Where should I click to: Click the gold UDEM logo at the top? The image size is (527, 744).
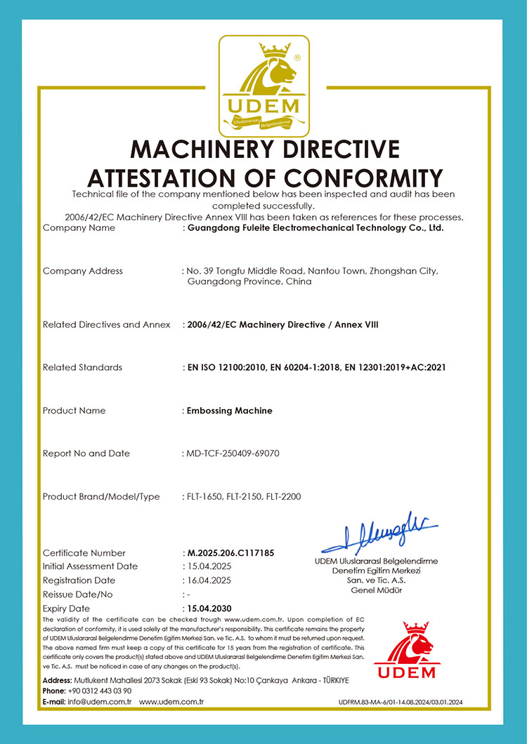pos(263,86)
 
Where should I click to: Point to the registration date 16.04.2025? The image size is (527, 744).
pos(209,580)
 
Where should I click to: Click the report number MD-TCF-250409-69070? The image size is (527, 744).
pos(233,453)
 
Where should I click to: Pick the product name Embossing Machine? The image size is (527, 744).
pos(229,411)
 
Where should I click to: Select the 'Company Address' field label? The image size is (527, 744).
pos(83,271)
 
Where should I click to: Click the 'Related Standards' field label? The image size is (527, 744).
pos(82,367)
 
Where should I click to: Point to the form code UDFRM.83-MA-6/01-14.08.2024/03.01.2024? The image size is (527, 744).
pos(401,702)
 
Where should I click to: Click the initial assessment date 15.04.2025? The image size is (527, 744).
pos(209,566)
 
